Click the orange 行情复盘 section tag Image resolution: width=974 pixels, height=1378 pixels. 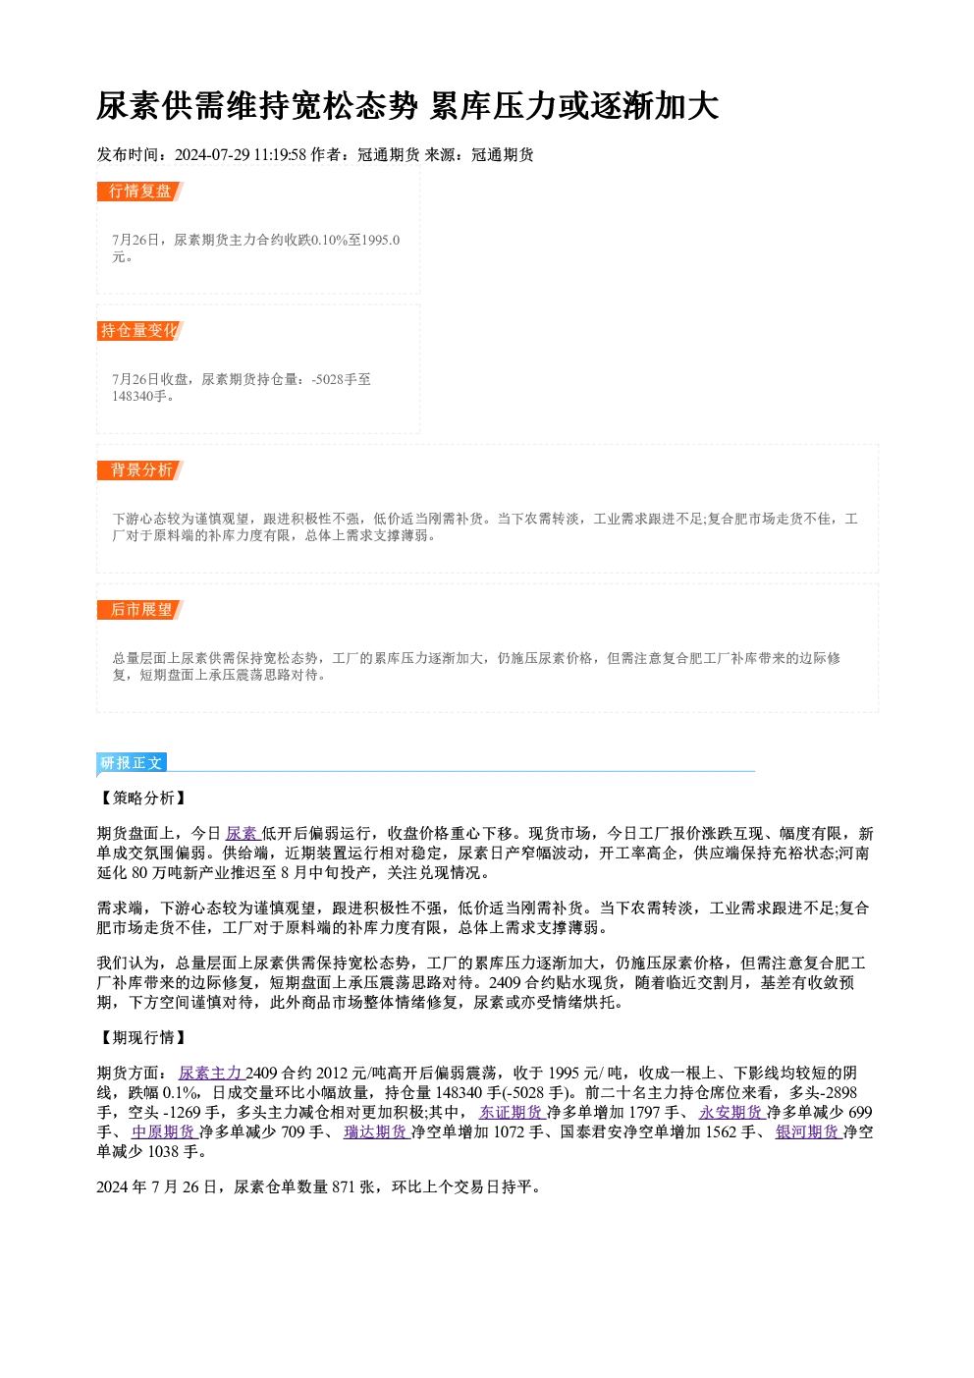[140, 192]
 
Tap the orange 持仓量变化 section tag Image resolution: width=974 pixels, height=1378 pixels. [140, 331]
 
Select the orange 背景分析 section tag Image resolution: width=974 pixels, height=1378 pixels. [140, 470]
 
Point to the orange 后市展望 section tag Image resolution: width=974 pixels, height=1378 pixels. [140, 610]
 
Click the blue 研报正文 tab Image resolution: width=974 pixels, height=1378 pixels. [132, 763]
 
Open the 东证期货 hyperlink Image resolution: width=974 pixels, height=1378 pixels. [511, 1112]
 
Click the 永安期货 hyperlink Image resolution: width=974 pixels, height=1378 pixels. [731, 1112]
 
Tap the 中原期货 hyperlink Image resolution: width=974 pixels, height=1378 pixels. [164, 1131]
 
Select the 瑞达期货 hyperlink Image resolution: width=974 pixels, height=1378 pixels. [376, 1131]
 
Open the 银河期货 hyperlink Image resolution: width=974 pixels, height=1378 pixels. [807, 1131]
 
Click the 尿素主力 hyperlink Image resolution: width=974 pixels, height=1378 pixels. [211, 1073]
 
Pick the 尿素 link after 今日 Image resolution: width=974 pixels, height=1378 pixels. [242, 834]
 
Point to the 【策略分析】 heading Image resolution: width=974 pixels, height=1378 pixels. [142, 798]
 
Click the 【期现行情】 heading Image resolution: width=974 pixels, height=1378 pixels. [142, 1037]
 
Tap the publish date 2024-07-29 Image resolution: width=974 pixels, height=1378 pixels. [212, 155]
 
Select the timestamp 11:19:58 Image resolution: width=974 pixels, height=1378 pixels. [280, 155]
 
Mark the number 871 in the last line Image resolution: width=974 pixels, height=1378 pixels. [343, 1186]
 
